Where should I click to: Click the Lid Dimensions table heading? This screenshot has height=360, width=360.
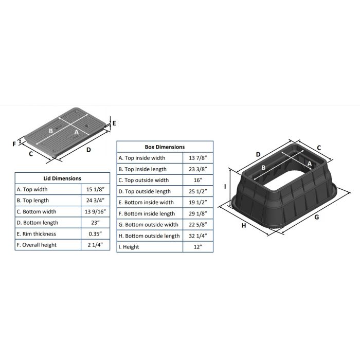(x=62, y=178)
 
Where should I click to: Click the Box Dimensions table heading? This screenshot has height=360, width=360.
(x=165, y=147)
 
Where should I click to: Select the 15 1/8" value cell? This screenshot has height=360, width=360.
(x=95, y=189)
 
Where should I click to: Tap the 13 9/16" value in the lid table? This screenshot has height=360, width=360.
(x=95, y=211)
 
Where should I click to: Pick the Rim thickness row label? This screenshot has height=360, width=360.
(x=37, y=233)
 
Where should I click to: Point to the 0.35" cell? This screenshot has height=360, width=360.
(x=95, y=233)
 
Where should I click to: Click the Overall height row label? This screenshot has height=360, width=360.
(x=37, y=245)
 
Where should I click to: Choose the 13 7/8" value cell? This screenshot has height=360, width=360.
(x=198, y=158)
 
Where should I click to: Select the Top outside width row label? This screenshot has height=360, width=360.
(x=143, y=180)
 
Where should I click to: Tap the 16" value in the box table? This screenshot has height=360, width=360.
(x=198, y=180)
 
